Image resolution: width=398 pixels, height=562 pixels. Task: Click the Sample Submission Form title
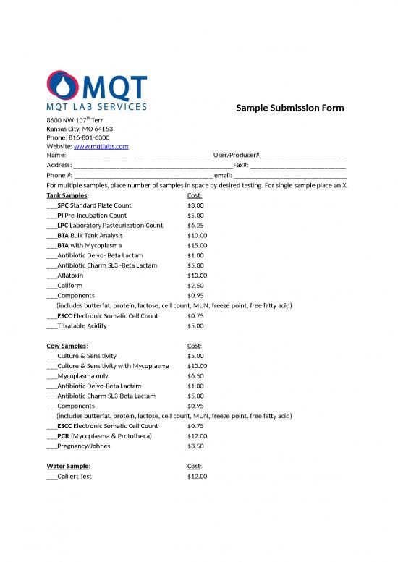289,108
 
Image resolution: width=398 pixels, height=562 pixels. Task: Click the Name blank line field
137,156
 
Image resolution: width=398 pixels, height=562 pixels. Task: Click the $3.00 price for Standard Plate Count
195,205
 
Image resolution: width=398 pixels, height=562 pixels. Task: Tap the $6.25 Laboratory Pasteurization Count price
195,226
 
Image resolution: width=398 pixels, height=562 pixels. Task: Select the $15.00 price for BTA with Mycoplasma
197,245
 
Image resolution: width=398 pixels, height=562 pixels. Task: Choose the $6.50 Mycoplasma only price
195,376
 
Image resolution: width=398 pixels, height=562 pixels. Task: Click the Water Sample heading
68,467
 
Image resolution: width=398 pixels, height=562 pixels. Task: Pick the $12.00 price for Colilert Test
197,477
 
